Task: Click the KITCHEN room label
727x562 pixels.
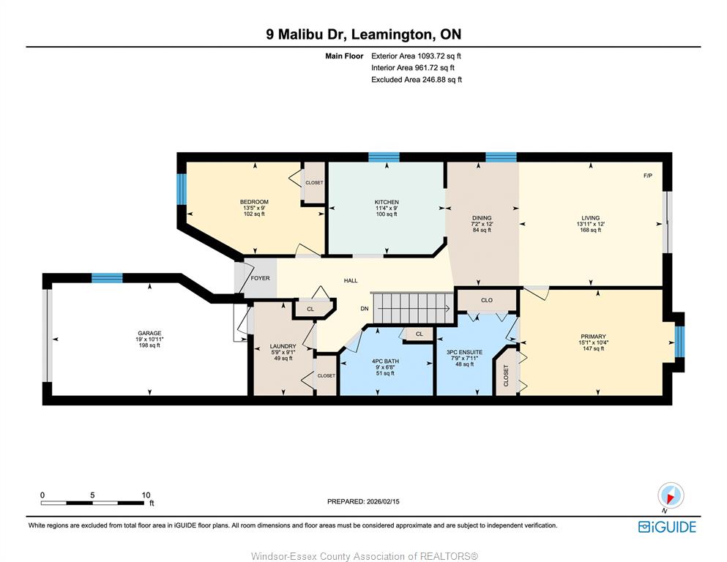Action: (x=387, y=202)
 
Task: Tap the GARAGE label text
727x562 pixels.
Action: (x=149, y=333)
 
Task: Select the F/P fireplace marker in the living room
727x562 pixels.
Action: (x=648, y=176)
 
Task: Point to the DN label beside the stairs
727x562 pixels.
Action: (x=365, y=309)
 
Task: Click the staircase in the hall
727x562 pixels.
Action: (x=414, y=308)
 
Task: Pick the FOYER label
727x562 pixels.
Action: (x=260, y=278)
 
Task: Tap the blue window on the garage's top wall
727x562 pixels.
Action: (x=107, y=278)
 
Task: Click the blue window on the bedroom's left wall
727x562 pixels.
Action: (x=182, y=189)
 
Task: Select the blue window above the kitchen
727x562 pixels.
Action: (x=384, y=157)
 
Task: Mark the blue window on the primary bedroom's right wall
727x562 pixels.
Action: (x=679, y=342)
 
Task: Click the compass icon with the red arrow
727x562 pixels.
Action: (x=671, y=496)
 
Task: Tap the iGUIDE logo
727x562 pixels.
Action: (x=667, y=528)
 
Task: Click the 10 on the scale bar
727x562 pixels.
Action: (x=146, y=495)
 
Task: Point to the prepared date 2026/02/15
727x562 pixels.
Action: (x=383, y=501)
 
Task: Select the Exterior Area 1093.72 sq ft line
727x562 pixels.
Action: (x=416, y=56)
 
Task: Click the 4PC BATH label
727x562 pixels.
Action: (x=385, y=361)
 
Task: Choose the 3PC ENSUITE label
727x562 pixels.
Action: (x=464, y=352)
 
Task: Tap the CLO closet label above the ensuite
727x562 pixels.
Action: (x=486, y=300)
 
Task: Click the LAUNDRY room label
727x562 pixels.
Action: (x=283, y=346)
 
